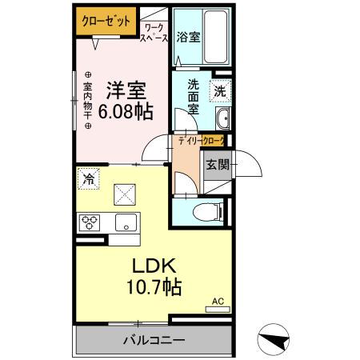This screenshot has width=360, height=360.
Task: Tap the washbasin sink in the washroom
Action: click(222, 120)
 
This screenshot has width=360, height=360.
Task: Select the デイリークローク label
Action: click(202, 141)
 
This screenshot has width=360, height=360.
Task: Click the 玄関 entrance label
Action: click(217, 165)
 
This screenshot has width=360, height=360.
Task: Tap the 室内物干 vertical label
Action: click(88, 100)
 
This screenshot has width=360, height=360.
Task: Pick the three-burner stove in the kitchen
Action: click(89, 222)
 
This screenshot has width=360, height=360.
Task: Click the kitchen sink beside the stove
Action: click(124, 222)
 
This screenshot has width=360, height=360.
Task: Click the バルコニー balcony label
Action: click(153, 339)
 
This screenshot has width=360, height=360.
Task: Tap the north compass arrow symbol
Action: click(275, 338)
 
